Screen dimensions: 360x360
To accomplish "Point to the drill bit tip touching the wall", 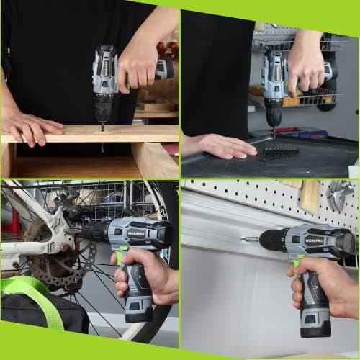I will [244, 238].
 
